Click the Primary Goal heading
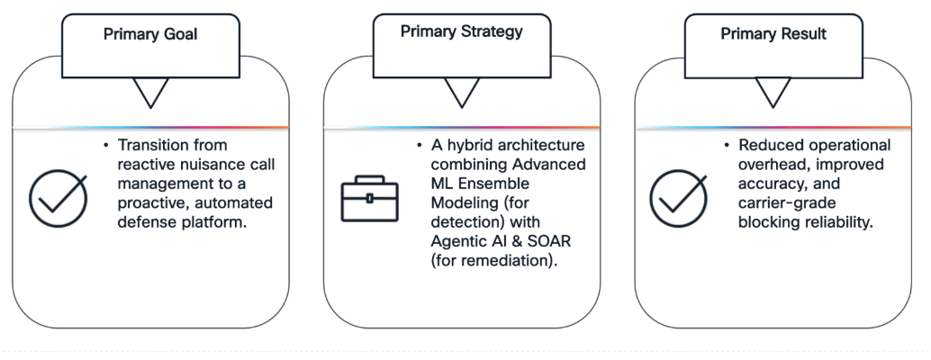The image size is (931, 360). [150, 34]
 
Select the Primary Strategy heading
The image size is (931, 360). [461, 32]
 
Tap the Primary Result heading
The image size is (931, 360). [773, 34]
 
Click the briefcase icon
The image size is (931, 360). [369, 199]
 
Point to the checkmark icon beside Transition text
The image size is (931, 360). [59, 198]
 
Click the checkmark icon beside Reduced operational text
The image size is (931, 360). [678, 198]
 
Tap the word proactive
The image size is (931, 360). [150, 203]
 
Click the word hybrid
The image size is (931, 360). [466, 145]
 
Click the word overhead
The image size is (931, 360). [769, 165]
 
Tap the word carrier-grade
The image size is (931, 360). [779, 203]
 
